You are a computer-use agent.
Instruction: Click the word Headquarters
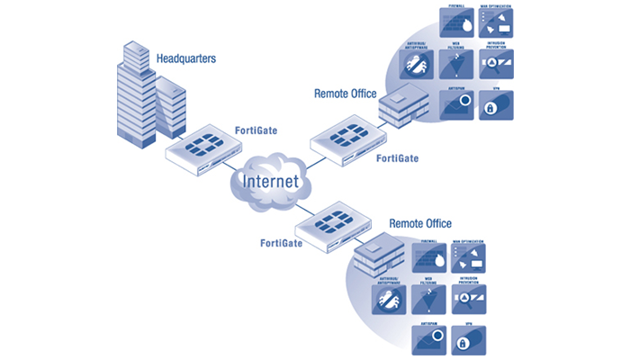pyautogui.click(x=186, y=59)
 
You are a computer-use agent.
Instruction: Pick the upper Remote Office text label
pyautogui.click(x=345, y=93)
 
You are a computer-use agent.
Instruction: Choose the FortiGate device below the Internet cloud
pyautogui.click(x=332, y=221)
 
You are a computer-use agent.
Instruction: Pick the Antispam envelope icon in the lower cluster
pyautogui.click(x=430, y=339)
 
